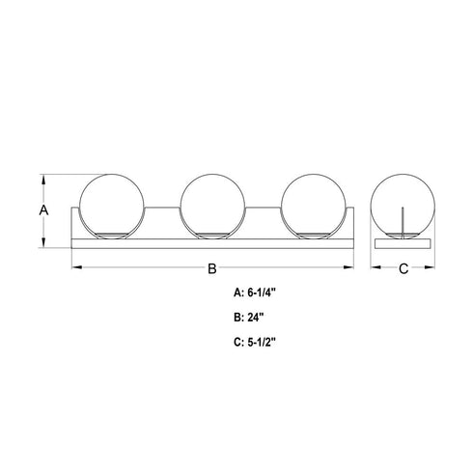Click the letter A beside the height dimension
pos(43,210)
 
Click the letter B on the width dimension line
pos(212,268)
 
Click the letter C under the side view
pos(403,268)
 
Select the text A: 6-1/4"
pos(255,292)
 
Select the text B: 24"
pos(249,318)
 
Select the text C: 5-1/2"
pos(255,343)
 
